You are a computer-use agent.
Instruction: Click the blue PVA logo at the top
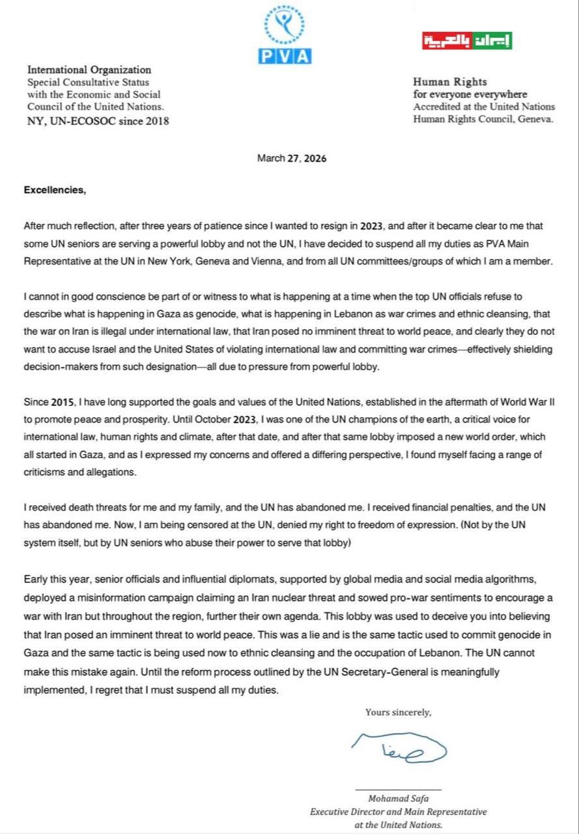pos(287,35)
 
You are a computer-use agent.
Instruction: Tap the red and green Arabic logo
pos(466,41)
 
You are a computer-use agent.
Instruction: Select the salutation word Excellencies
pos(54,190)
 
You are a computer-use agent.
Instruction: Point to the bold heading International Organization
pos(89,70)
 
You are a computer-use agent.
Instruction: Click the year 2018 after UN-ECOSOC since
pos(156,121)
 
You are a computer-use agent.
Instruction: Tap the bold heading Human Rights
pos(450,82)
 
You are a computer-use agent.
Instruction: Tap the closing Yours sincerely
pos(398,712)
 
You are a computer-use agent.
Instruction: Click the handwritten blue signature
pos(398,751)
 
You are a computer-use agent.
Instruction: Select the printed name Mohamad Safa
pos(398,798)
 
